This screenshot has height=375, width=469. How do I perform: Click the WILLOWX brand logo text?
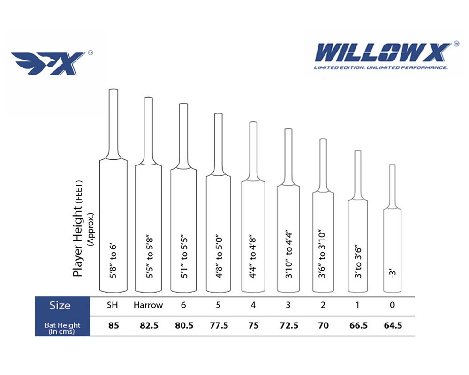pos(383,52)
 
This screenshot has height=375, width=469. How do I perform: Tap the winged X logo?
pos(48,63)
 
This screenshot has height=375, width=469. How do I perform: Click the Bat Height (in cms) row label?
pos(62,328)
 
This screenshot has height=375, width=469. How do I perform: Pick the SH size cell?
pos(113,305)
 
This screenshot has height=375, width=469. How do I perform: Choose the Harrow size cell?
pos(148,305)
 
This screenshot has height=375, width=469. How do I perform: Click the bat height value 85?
pos(113,325)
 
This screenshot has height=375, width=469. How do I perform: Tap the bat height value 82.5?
pos(149,325)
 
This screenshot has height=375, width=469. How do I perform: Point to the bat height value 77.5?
pos(219,325)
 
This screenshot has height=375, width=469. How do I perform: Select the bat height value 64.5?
pos(393,325)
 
